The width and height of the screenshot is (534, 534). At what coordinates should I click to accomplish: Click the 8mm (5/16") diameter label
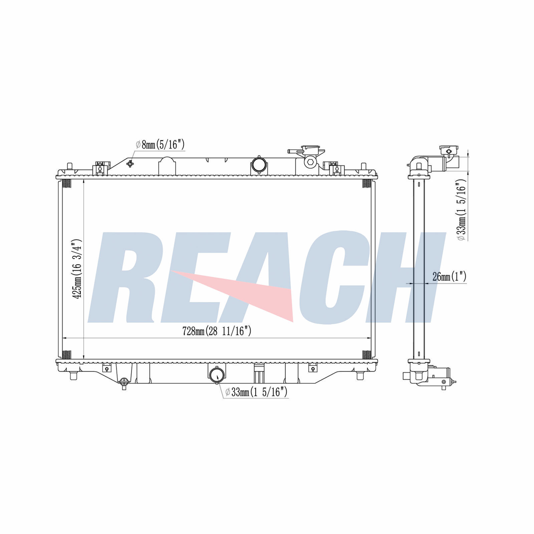pos(160,145)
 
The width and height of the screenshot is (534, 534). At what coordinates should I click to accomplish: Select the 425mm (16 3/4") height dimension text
pos(77,268)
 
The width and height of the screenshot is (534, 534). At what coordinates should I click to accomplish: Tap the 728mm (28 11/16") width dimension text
pos(217,331)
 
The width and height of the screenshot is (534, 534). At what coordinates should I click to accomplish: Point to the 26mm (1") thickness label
pos(449,276)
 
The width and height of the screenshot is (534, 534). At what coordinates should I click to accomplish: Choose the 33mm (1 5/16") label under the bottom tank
pos(256,392)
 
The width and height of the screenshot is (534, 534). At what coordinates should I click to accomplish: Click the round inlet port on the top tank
pos(259,164)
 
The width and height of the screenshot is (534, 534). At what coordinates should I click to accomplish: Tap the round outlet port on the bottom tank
pos(217,375)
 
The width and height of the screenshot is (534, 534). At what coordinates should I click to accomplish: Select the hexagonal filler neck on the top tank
pos(311,163)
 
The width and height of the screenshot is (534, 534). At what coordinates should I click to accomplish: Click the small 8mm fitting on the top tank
pos(130,164)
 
